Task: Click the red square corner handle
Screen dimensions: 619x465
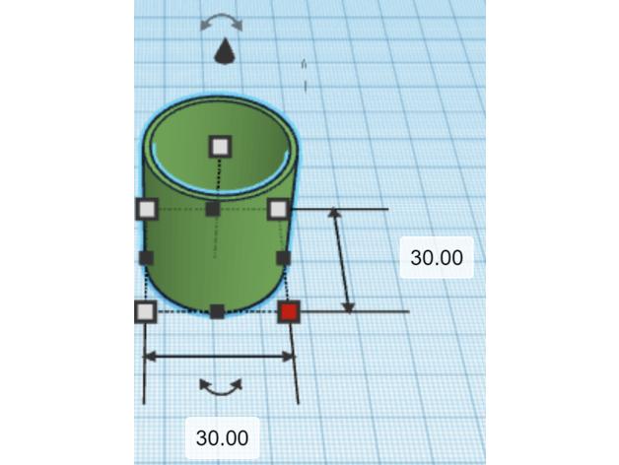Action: pyautogui.click(x=289, y=311)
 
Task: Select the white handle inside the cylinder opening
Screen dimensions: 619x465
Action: pyautogui.click(x=220, y=147)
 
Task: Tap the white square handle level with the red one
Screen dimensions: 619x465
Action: pyautogui.click(x=146, y=312)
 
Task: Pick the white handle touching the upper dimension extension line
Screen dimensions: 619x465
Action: pyautogui.click(x=278, y=209)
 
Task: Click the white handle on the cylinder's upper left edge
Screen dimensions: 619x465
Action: pyautogui.click(x=147, y=209)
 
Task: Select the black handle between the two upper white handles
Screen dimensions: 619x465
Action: pyautogui.click(x=213, y=209)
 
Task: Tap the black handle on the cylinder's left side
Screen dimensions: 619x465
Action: pyautogui.click(x=147, y=258)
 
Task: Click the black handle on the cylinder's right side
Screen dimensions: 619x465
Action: pyautogui.click(x=284, y=258)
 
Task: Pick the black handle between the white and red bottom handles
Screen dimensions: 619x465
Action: pyautogui.click(x=217, y=311)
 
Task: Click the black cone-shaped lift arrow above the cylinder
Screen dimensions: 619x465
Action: pyautogui.click(x=225, y=51)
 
